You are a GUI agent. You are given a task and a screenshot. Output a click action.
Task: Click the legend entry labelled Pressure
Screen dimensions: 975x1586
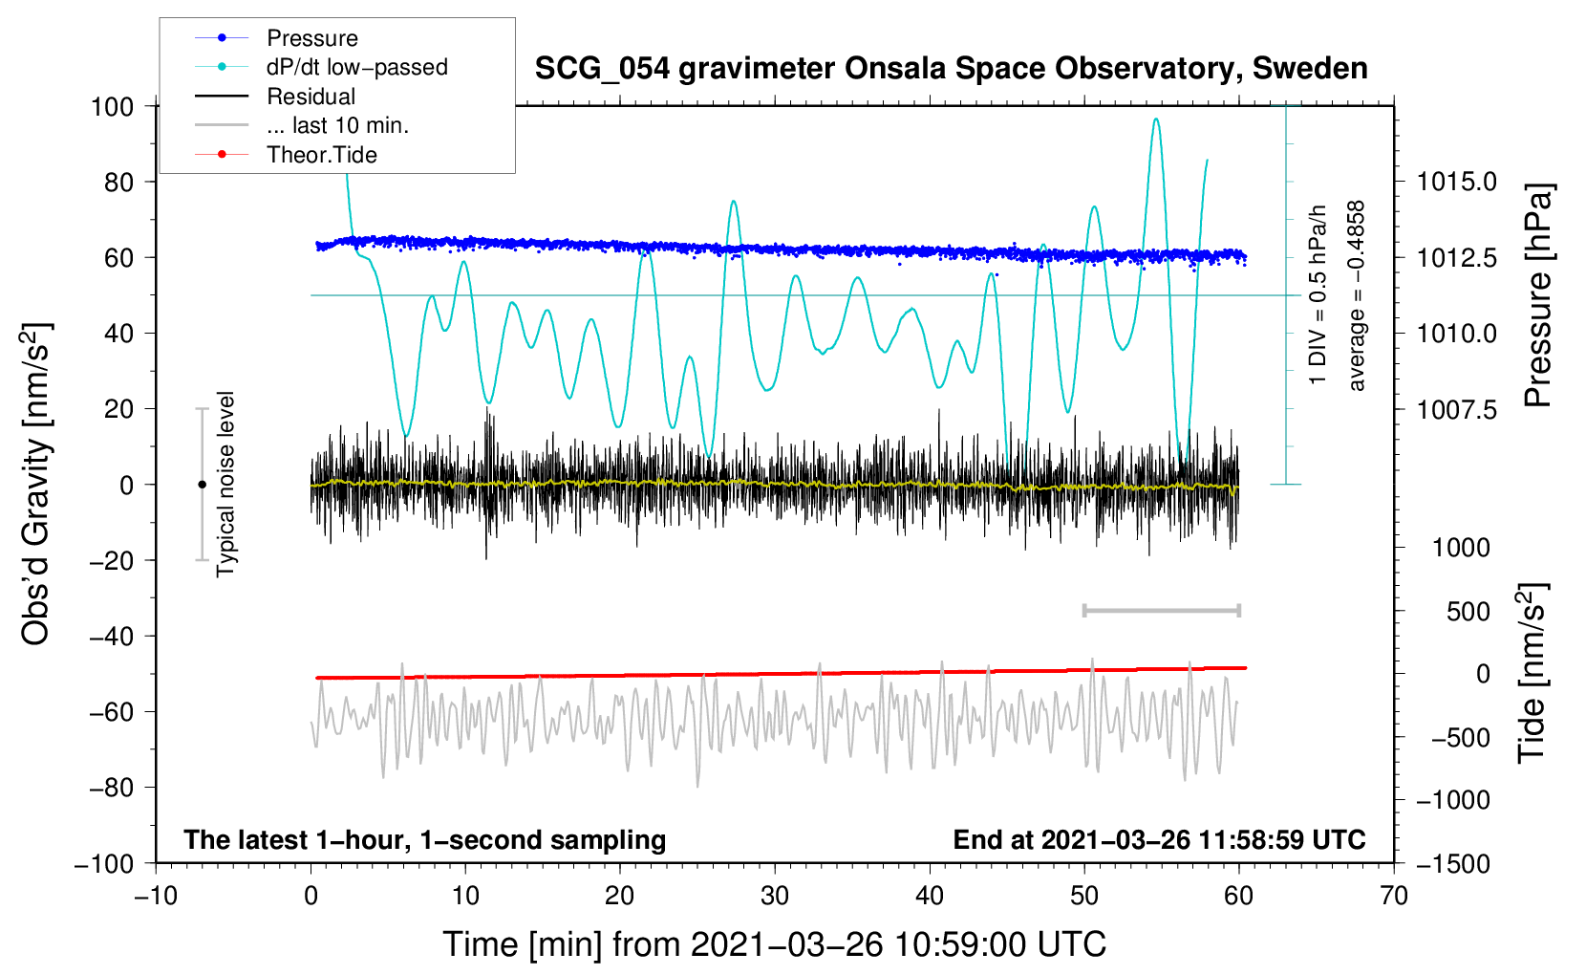[311, 38]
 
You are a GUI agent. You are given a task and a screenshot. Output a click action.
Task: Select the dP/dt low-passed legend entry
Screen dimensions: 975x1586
[356, 67]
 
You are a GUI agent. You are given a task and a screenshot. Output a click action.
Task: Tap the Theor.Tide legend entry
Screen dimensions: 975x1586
[321, 155]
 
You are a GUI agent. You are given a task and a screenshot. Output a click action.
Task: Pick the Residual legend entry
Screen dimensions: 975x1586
[311, 97]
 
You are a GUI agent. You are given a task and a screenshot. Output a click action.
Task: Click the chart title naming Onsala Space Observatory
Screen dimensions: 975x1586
[951, 69]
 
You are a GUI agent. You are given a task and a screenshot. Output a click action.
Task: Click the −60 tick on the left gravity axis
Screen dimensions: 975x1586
[111, 711]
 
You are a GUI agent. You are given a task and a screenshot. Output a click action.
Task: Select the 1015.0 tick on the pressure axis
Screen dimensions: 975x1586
[1456, 182]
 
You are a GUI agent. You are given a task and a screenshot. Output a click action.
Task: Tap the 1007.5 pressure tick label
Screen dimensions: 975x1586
[1456, 409]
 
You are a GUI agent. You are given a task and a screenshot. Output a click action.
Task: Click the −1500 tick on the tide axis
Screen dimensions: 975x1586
[1452, 863]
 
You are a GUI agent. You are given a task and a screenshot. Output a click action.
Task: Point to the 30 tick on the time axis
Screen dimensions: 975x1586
[775, 896]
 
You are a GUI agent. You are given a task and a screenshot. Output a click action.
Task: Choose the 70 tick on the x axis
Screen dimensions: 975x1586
[1394, 896]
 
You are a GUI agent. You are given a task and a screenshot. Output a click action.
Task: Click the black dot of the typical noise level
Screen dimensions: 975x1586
[202, 485]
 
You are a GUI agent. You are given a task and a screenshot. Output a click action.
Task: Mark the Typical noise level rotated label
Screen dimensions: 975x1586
[225, 485]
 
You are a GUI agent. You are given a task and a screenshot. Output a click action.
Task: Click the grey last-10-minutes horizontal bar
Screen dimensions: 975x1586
[1161, 610]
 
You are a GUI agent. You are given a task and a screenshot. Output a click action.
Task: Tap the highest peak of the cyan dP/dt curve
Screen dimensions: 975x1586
[1156, 119]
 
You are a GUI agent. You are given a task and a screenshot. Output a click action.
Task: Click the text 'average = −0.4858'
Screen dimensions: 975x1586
[1357, 295]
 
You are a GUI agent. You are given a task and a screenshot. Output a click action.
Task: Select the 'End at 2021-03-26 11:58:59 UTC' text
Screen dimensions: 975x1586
[1159, 839]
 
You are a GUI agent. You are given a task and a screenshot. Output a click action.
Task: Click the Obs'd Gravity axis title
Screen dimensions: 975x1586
[36, 485]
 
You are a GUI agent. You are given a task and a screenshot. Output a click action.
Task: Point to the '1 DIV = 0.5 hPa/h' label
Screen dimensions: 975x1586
[1318, 295]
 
